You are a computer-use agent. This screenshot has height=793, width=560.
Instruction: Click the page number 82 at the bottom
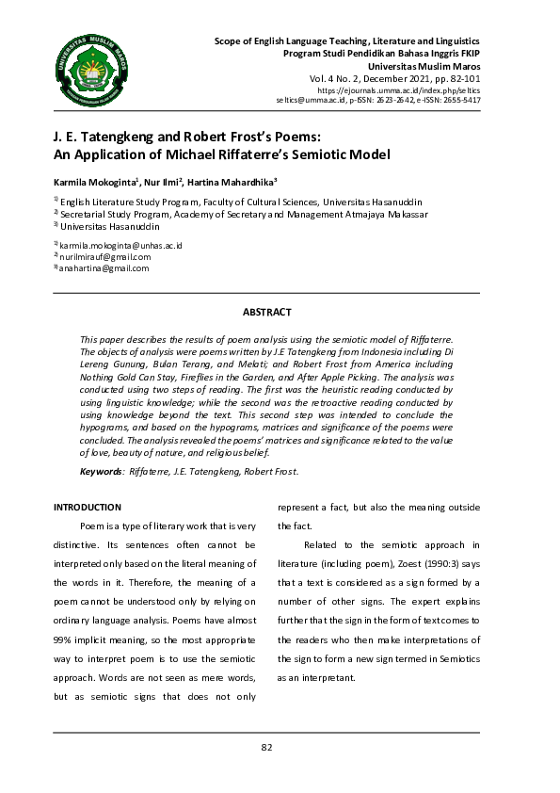[x=266, y=747]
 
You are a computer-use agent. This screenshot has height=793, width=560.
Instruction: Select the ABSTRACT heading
[x=267, y=312]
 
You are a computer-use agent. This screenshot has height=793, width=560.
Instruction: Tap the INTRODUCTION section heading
[x=88, y=507]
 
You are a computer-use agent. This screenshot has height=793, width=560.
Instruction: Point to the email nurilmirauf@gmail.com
[x=105, y=256]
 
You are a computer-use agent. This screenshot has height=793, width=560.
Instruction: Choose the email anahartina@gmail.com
[x=105, y=268]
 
